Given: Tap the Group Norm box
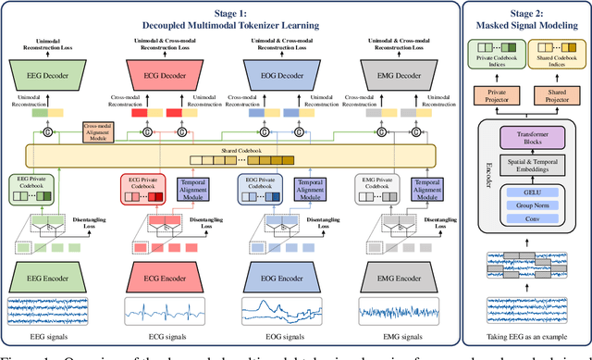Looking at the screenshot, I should click(525, 205).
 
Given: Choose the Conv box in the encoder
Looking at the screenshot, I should click(525, 221).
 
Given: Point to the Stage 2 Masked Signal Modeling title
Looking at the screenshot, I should click(524, 20).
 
